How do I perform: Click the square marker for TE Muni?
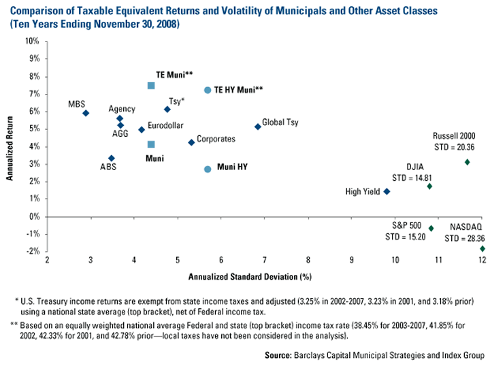click(x=151, y=86)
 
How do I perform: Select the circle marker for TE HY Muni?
click(x=208, y=90)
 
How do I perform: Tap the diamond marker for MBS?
click(x=86, y=113)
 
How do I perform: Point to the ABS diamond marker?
click(x=112, y=159)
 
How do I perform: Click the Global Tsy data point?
click(x=257, y=127)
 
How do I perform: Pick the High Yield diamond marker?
click(x=387, y=191)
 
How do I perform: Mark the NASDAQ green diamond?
click(x=483, y=249)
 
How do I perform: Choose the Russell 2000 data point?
click(x=467, y=162)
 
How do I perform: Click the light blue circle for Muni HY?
click(x=208, y=169)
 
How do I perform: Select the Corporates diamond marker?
click(x=191, y=142)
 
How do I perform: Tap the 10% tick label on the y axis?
click(x=31, y=41)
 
